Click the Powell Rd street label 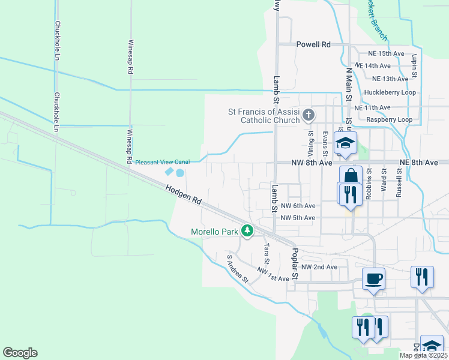coord(314,44)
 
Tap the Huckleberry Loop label coord(390,92)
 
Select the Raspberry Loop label coord(389,119)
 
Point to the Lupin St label coord(414,67)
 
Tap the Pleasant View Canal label coord(162,162)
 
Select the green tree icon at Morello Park coord(247,230)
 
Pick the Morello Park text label coord(214,232)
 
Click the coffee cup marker coord(373,278)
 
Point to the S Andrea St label coord(238,268)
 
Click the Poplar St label coord(295,264)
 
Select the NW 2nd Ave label coord(319,267)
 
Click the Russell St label coord(398,182)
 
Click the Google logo coord(20,353)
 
